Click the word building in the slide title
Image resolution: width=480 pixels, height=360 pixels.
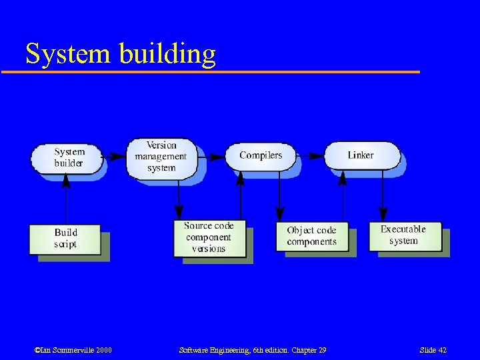point(168,53)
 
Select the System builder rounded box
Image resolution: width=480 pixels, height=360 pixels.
point(67,158)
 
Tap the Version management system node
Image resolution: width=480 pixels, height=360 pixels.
point(161,157)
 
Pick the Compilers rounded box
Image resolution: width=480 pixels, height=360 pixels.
point(261,155)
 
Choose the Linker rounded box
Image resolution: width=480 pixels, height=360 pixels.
point(361,155)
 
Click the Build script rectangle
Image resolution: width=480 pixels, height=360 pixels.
point(65,239)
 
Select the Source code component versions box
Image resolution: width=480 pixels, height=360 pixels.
point(209,237)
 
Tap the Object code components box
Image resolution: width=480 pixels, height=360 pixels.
point(311,236)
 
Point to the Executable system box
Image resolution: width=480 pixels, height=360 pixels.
point(404,236)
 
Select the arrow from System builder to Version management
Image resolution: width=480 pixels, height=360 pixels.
point(115,157)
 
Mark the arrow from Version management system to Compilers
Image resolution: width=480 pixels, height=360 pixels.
point(211,157)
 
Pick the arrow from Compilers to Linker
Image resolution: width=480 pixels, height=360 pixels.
point(310,157)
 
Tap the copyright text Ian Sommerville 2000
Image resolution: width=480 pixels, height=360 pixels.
point(73,350)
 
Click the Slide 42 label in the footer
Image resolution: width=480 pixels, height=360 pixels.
point(433,350)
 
